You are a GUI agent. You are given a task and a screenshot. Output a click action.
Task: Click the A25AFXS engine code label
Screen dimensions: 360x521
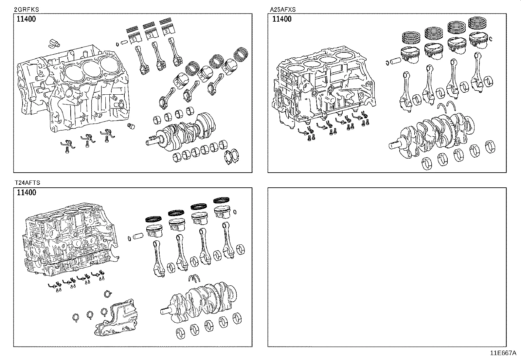click(x=283, y=9)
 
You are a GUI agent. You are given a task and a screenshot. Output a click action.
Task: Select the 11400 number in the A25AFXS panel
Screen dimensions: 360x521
click(x=282, y=19)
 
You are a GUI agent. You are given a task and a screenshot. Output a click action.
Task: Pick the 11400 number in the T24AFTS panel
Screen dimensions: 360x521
click(x=26, y=193)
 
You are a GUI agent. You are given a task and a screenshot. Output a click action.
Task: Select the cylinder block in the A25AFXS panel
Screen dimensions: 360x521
click(x=324, y=85)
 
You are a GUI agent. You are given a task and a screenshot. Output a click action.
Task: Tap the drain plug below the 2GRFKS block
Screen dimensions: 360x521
click(x=132, y=126)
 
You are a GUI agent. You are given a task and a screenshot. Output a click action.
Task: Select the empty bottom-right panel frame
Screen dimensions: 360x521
click(x=387, y=267)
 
